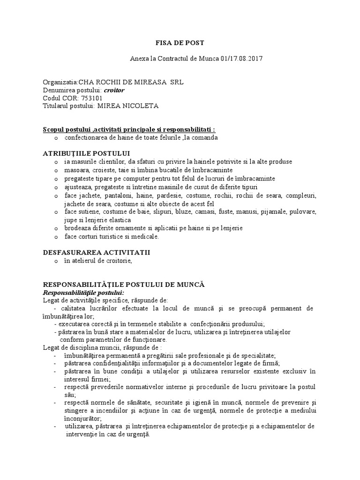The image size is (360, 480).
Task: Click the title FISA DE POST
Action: click(x=180, y=43)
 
